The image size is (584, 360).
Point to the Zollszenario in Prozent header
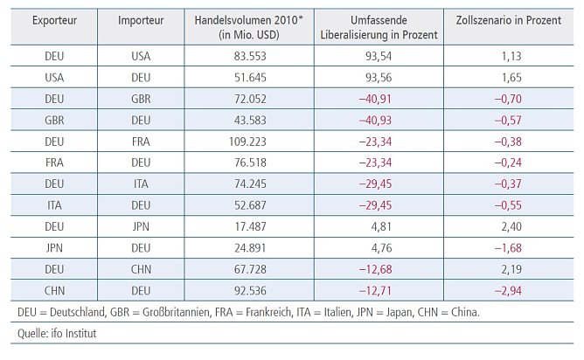click(509, 19)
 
